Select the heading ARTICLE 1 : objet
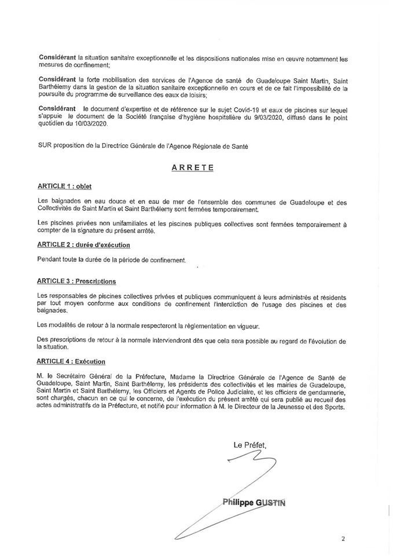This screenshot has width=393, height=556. click(65, 186)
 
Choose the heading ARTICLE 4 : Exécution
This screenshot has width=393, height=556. click(72, 362)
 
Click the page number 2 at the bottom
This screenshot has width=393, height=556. click(343, 538)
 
